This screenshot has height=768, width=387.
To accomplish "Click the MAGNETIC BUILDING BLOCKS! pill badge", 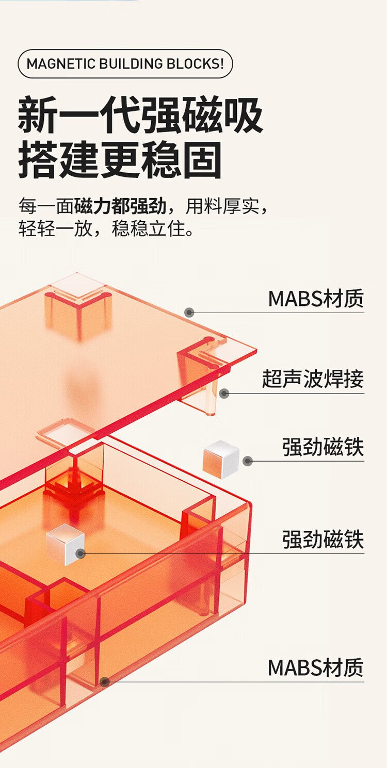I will point(125,64).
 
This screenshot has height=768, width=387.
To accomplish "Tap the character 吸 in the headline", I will point(244,117).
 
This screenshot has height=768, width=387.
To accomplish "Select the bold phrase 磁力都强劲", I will point(120,206).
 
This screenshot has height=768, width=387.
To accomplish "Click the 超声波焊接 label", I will point(313,379).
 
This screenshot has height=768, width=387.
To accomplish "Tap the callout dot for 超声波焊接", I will point(223,394).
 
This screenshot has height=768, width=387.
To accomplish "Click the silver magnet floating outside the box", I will point(221,459).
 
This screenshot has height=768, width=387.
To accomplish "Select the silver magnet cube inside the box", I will point(65,544).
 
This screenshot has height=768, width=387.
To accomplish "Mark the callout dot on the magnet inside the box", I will point(80,554).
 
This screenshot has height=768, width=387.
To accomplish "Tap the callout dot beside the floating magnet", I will point(248,461).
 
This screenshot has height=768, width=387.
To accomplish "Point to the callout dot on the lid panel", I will point(189,312).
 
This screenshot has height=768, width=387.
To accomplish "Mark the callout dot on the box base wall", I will point(105,682).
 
